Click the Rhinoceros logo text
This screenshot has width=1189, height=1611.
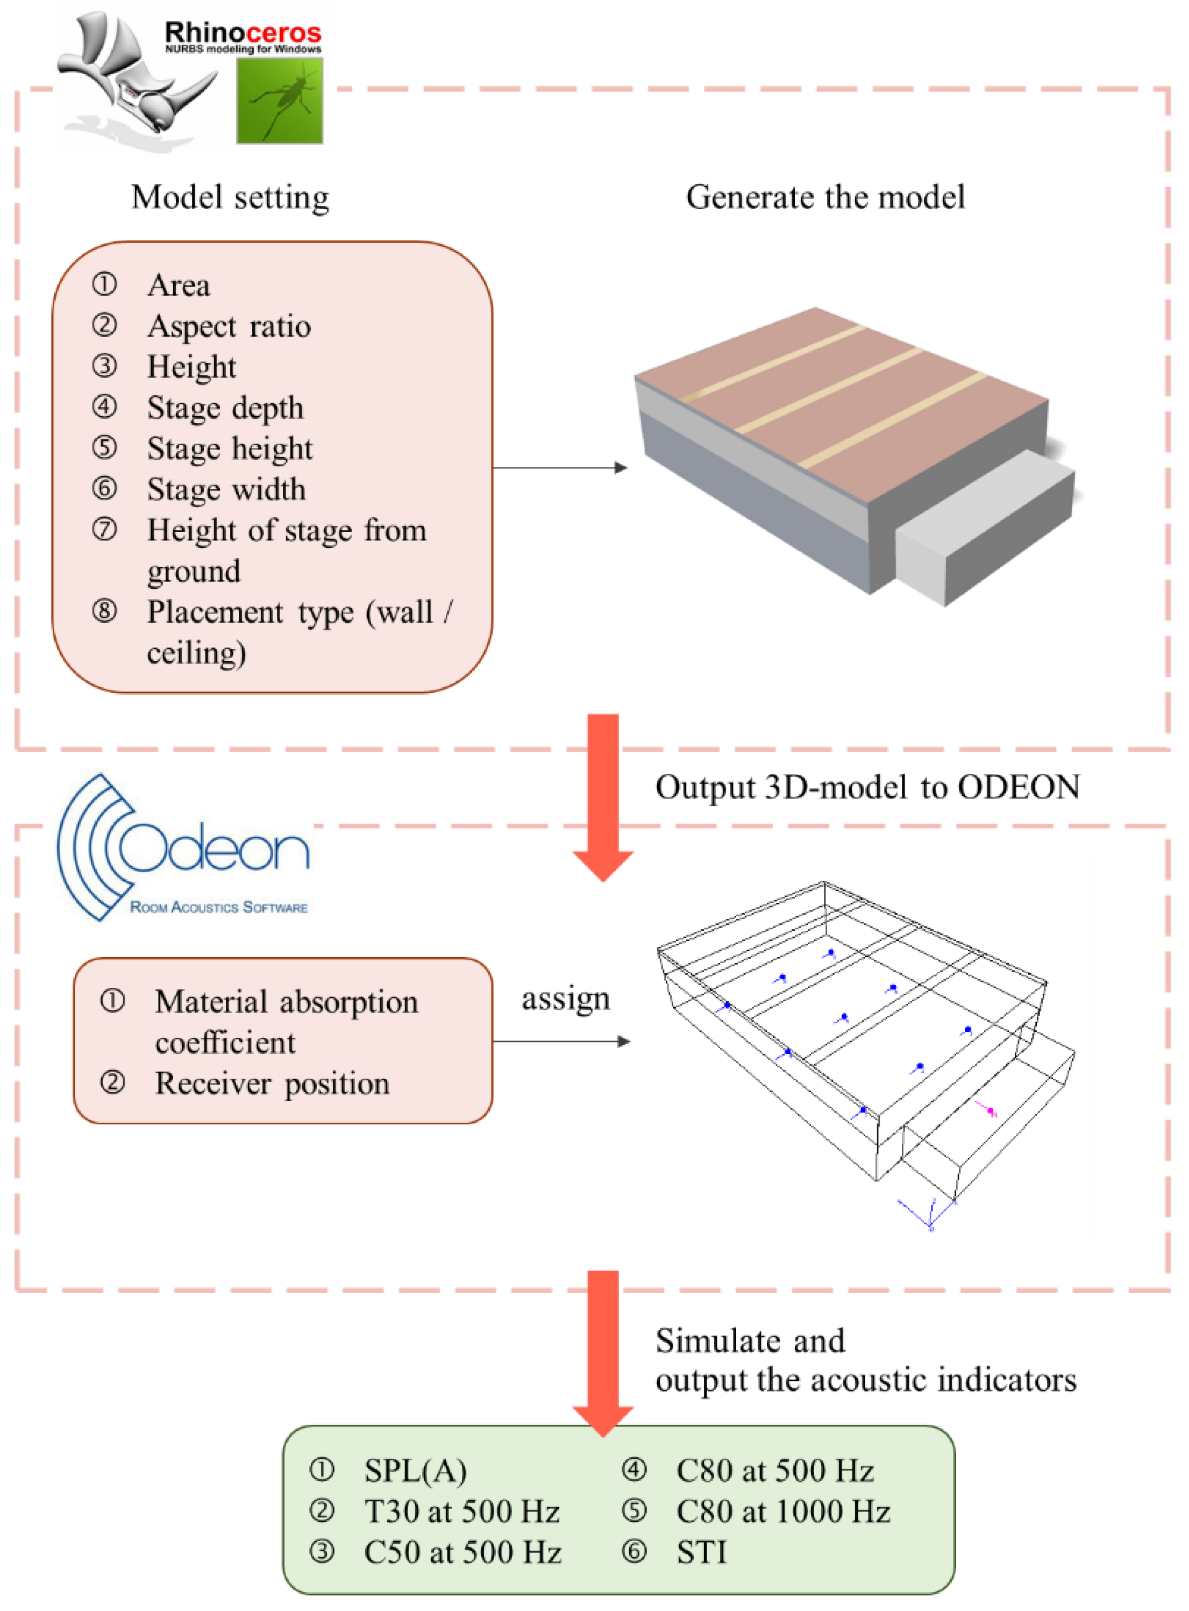click(243, 34)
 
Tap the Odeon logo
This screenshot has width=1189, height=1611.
click(183, 849)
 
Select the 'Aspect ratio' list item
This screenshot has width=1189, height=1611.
click(229, 326)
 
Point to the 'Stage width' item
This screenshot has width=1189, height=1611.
click(226, 490)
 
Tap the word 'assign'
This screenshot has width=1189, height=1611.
click(566, 999)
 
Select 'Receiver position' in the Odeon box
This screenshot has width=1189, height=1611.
click(272, 1083)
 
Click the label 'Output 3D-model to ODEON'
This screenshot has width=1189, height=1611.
click(867, 787)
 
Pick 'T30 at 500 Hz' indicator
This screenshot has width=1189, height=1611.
click(461, 1512)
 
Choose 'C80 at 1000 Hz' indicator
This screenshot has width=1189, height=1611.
click(783, 1512)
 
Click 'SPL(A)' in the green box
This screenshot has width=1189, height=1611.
click(415, 1471)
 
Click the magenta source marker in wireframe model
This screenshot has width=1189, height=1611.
click(991, 1111)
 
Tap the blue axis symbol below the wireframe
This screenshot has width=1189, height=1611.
click(929, 1216)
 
